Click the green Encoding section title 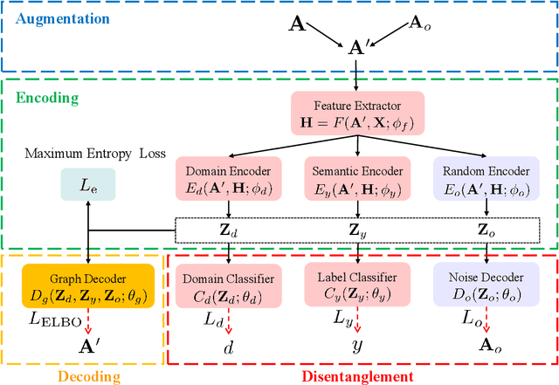tap(48, 99)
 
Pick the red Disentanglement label tap(358, 375)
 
